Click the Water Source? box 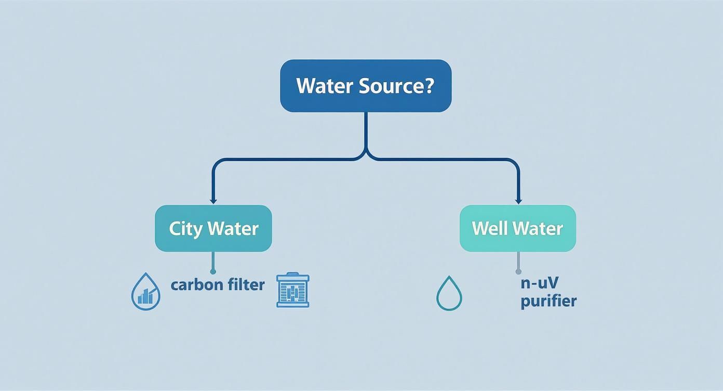[366, 85]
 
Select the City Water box [213, 228]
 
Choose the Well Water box [518, 228]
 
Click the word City [185, 229]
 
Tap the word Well [489, 228]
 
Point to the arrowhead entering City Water [213, 201]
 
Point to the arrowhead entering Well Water [518, 201]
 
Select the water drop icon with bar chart [146, 292]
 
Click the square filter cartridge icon [293, 290]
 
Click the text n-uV [535, 283]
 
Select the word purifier [548, 301]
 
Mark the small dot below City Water [213, 271]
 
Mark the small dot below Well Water [518, 271]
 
